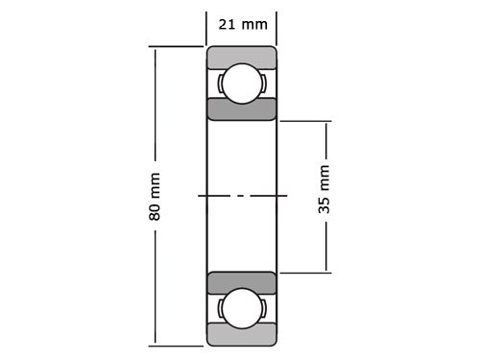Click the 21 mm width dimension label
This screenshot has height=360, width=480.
(241, 24)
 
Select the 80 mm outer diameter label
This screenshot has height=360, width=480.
(155, 197)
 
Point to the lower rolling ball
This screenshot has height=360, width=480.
(241, 308)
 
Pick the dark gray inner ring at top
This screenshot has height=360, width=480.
(241, 108)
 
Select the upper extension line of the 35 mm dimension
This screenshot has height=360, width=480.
(305, 121)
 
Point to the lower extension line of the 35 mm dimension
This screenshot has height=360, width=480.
(305, 273)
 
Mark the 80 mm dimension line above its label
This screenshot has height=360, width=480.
(155, 106)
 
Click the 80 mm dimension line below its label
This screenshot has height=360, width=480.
(155, 288)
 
